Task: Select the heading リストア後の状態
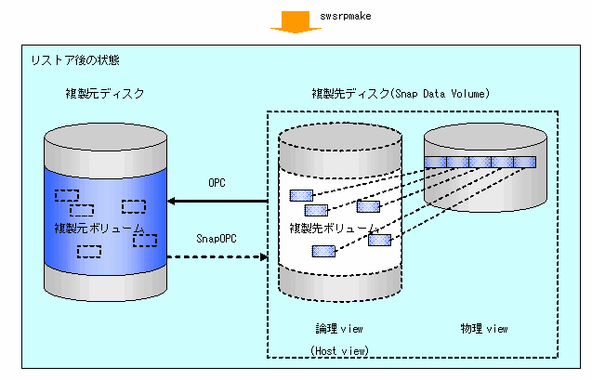(x=73, y=60)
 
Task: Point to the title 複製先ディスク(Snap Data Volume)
(x=401, y=95)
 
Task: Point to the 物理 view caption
(x=484, y=328)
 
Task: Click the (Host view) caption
(x=339, y=349)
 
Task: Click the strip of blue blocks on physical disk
(x=480, y=163)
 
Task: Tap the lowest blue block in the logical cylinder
(x=322, y=251)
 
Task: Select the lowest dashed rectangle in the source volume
(x=89, y=251)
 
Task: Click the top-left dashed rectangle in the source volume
(x=66, y=195)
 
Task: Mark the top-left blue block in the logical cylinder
(x=301, y=195)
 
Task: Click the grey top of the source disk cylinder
(x=105, y=129)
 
